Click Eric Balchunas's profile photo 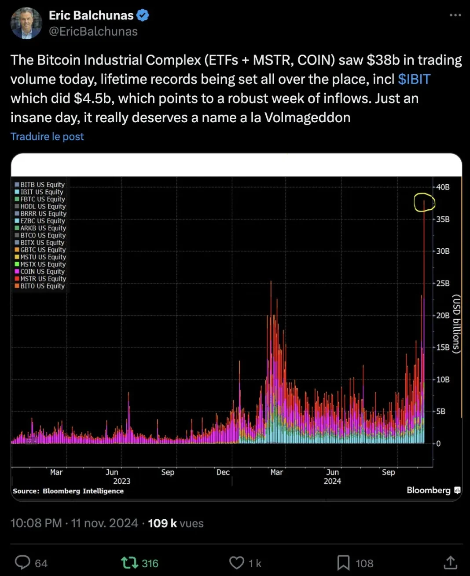(x=26, y=23)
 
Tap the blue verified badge (x=143, y=15)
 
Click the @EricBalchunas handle (x=93, y=32)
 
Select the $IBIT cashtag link (x=414, y=79)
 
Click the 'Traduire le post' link (x=47, y=137)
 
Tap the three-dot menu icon (x=455, y=15)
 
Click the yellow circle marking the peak (x=424, y=203)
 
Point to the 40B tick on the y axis (x=442, y=187)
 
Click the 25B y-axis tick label (x=442, y=284)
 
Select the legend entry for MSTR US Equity (x=43, y=279)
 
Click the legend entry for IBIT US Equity (x=41, y=192)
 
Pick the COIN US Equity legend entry (x=42, y=272)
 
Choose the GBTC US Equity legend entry (x=43, y=250)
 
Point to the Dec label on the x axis (x=223, y=472)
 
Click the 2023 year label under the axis (x=121, y=481)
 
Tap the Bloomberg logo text (x=429, y=490)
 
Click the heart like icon (x=237, y=563)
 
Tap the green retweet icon (x=129, y=563)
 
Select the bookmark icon (x=343, y=563)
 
